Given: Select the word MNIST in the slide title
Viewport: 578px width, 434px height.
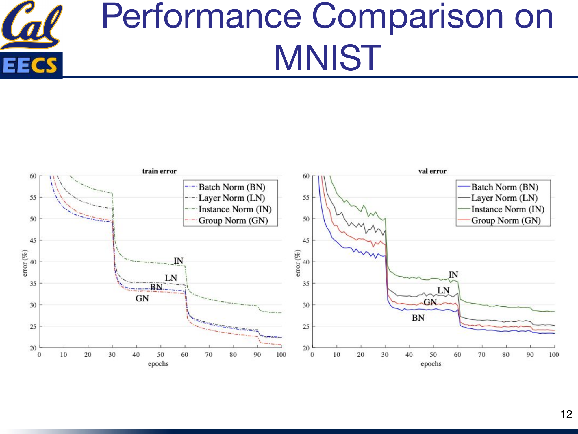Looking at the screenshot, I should pos(327,58).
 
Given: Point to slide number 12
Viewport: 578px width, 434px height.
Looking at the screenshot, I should pos(566,414).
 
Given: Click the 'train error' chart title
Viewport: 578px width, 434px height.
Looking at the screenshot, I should pos(159,171).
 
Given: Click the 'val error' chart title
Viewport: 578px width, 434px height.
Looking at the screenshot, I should pos(432,171).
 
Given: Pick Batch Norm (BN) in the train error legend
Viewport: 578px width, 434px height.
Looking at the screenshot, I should pos(231,187).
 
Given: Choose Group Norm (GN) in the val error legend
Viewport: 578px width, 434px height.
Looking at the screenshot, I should pos(505,220).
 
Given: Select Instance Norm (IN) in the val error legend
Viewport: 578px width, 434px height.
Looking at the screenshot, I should pos(507,209).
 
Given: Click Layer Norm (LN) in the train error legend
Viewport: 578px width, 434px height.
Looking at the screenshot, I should pos(231,198).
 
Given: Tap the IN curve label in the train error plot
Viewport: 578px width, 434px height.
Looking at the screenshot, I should pos(178,261).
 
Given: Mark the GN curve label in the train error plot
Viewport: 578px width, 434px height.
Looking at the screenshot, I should pos(142,298).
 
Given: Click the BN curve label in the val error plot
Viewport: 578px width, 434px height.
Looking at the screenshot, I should pos(418,318).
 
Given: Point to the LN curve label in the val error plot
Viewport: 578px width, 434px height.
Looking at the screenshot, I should pos(443,290).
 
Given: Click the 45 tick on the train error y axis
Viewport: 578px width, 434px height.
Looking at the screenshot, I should pos(33,240).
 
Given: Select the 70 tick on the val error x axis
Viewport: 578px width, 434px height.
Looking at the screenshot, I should pos(481,354).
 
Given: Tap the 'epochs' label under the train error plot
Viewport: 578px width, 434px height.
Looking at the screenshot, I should pos(158,364).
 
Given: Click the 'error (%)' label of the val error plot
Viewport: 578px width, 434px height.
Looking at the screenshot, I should pos(298,263).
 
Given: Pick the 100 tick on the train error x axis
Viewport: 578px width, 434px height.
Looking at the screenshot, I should pos(281,354).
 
